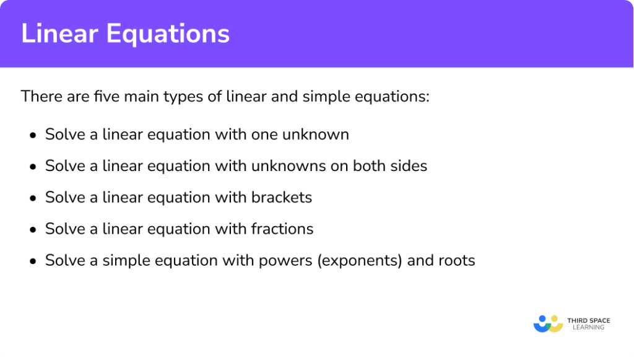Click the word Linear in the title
(x=58, y=34)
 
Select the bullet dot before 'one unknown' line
(x=33, y=135)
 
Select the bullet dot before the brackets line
(x=33, y=198)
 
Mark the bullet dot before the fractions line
(x=33, y=230)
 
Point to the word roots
(x=456, y=261)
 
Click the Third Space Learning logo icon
(x=548, y=323)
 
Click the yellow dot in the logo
(x=556, y=319)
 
